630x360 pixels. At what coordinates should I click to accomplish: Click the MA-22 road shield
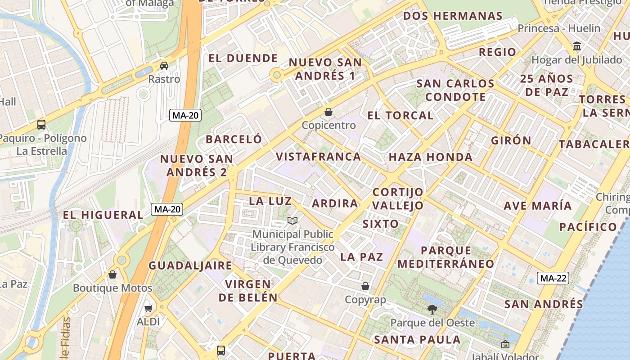553,278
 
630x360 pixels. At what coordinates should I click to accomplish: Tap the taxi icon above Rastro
164,66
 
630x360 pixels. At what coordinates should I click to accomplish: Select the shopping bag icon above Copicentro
328,112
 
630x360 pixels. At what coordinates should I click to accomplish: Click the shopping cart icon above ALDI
148,309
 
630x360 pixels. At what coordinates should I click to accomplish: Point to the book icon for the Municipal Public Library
292,220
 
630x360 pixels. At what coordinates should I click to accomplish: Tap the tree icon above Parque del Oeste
432,309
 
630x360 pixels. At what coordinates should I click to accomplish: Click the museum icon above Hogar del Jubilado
577,46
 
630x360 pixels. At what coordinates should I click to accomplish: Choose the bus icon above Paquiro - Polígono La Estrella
41,124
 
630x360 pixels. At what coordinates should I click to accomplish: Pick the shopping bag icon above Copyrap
365,286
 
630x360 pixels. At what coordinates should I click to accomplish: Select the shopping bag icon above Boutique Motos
112,274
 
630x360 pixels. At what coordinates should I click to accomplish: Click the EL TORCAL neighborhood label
400,116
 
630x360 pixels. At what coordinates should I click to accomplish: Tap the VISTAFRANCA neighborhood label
318,157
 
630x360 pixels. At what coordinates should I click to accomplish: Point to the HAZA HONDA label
431,157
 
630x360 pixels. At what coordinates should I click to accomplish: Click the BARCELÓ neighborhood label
234,139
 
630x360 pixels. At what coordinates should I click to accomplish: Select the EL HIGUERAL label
103,215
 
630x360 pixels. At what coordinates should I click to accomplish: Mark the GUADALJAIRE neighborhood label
190,265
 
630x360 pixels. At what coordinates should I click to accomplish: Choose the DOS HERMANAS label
453,16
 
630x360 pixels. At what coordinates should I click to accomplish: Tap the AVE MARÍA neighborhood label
538,206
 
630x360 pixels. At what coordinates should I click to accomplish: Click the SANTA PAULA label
417,339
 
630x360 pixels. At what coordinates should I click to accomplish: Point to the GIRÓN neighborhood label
511,140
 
